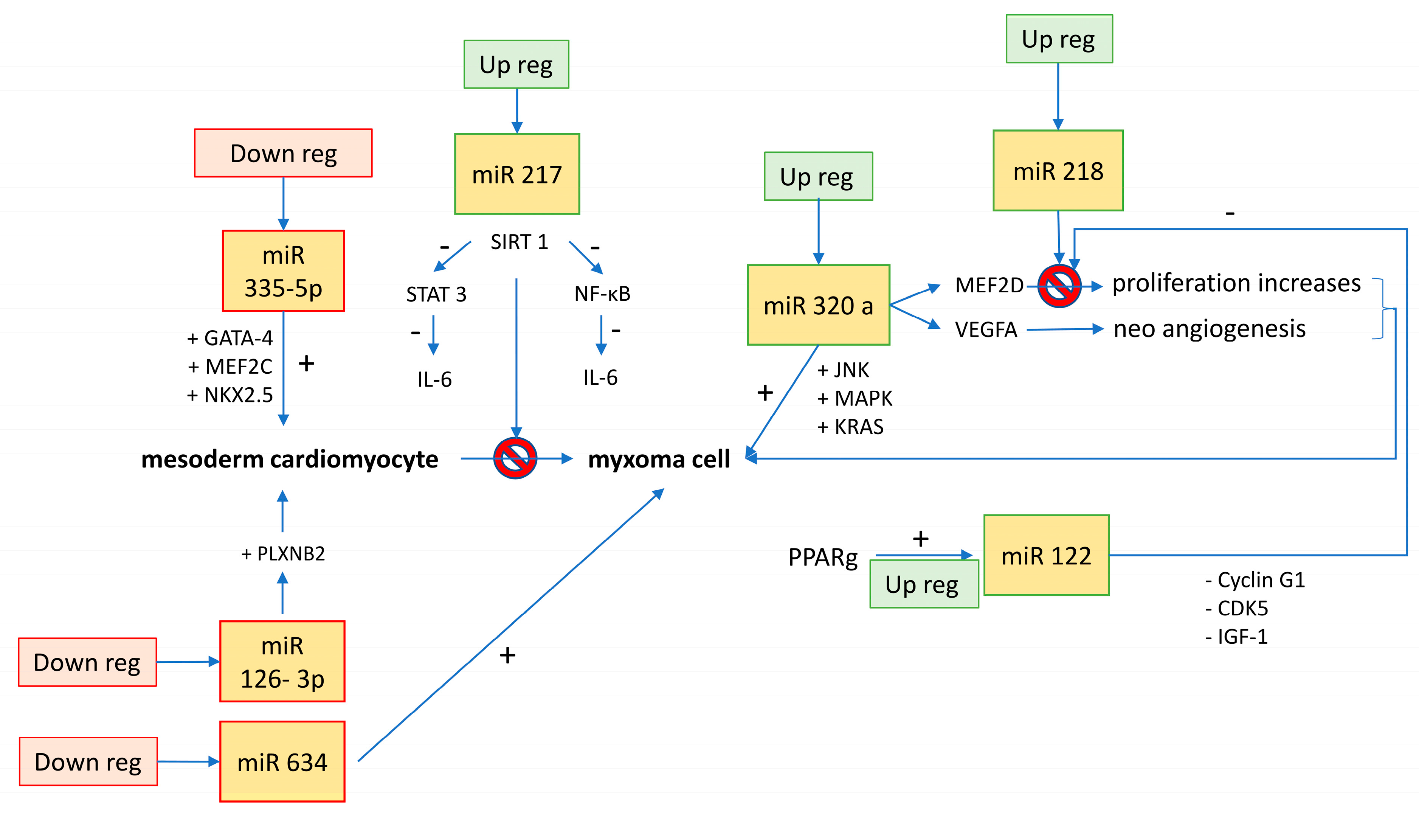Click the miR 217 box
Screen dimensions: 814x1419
pos(517,174)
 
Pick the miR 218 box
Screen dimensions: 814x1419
pos(1058,171)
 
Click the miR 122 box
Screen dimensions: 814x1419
pos(1046,555)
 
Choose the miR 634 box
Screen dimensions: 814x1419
pos(282,761)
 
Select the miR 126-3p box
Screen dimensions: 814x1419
pos(282,661)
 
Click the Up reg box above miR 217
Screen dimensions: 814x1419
pos(516,64)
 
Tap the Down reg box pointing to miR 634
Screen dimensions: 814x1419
pos(88,761)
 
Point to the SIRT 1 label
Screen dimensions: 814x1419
pos(519,242)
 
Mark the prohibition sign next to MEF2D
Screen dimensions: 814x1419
pos(1059,286)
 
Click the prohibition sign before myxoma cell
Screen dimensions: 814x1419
pos(515,458)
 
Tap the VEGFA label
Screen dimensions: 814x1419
pos(986,329)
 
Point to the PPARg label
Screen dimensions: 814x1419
pos(822,558)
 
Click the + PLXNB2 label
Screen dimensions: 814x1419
pos(283,553)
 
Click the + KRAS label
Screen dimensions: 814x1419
pos(850,427)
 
